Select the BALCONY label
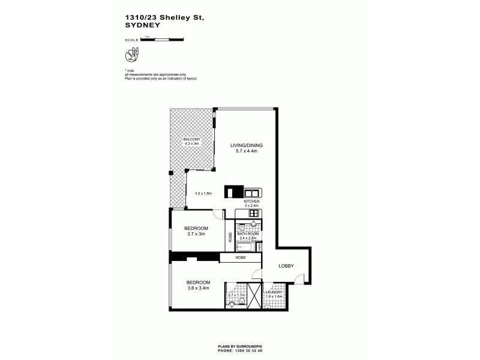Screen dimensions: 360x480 191,139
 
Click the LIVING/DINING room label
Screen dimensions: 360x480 247,145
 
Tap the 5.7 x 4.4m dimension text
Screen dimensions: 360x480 247,152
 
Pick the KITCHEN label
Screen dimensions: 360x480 251,202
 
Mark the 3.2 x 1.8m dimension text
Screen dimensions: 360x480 205,193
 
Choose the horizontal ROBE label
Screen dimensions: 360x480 240,257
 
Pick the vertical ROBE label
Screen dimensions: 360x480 230,237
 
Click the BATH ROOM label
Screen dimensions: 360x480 247,233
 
